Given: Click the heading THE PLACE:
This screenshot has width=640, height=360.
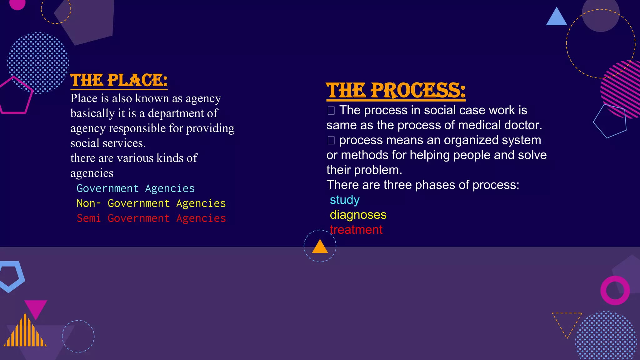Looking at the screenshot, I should coord(119,80).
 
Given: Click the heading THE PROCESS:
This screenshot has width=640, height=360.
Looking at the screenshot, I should coord(396,91).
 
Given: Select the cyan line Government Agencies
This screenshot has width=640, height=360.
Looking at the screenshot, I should coord(136,188).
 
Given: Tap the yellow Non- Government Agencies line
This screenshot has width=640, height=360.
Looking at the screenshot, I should coord(151,203).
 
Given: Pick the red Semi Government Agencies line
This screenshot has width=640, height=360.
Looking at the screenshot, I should coord(151,218).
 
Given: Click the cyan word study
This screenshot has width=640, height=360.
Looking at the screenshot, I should coord(345,200).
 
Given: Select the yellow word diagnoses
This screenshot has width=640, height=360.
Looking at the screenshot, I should coord(358,215).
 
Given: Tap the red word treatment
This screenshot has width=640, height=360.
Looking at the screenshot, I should coord(356,230).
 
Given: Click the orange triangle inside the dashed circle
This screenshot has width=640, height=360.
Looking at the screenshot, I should coord(320,247).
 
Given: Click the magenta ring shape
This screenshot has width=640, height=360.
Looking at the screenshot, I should coord(615,291).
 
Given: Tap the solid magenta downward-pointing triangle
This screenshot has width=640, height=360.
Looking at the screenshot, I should coord(36,308).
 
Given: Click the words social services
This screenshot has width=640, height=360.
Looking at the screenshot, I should coord(108,143).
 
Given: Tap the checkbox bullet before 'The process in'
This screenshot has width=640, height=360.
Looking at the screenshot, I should coord(331,111).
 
